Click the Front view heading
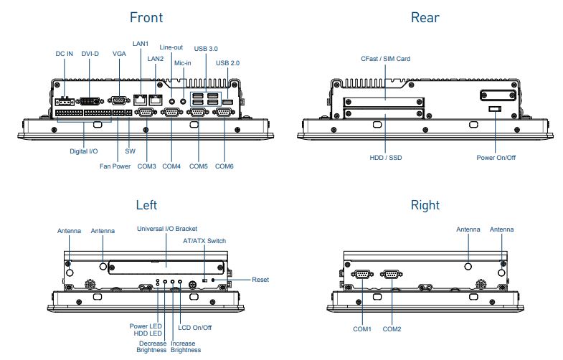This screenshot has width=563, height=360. (x=146, y=17)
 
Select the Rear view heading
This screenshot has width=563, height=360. (x=425, y=17)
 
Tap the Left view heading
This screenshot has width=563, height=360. (x=146, y=206)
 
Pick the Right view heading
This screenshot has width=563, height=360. (x=425, y=206)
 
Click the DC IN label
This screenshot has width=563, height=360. (x=65, y=54)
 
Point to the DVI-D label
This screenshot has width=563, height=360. (x=90, y=54)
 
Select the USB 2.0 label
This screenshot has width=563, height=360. (x=228, y=63)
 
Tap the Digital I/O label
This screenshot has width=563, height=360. (x=84, y=152)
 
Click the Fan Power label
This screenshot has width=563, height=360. (x=115, y=167)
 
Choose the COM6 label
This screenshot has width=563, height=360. (x=224, y=167)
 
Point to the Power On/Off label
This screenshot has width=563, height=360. (x=496, y=156)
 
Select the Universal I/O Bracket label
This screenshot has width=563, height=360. (x=167, y=229)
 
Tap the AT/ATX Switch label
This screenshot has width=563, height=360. (x=204, y=241)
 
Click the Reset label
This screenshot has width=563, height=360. (x=260, y=279)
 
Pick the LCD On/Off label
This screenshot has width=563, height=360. (x=195, y=328)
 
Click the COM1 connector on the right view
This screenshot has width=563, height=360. (x=362, y=273)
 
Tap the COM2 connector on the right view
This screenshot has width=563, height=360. (x=392, y=273)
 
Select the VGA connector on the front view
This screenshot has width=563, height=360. (x=120, y=100)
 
